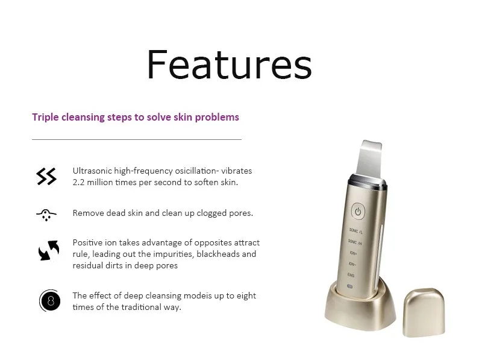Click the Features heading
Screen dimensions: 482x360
coord(230,65)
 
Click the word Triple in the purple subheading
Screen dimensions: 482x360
coord(45,117)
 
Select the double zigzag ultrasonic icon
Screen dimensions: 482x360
coord(46,176)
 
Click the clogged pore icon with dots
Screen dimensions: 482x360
coord(46,215)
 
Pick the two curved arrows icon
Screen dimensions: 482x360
coord(49,250)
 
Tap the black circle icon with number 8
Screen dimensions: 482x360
coord(49,301)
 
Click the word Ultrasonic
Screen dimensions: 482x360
coord(92,171)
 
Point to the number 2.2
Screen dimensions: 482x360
coord(78,182)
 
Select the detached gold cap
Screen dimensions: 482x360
coord(424,312)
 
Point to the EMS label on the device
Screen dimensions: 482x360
coord(351,275)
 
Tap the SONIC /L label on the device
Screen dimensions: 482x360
coord(355,230)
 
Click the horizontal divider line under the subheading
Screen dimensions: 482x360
coord(137,139)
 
